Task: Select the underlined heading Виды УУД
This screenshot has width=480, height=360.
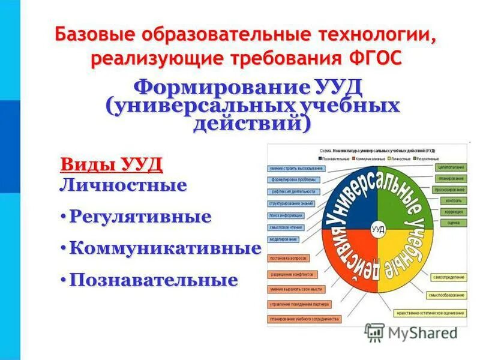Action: (111, 164)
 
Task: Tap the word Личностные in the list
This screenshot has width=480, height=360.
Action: (124, 184)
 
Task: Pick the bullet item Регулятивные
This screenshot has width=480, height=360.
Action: (140, 216)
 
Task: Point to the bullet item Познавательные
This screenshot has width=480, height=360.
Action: (154, 280)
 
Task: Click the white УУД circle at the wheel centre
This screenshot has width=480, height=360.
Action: (378, 229)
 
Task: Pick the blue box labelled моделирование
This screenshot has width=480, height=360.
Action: (283, 239)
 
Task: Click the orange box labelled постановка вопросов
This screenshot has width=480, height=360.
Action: (289, 258)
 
